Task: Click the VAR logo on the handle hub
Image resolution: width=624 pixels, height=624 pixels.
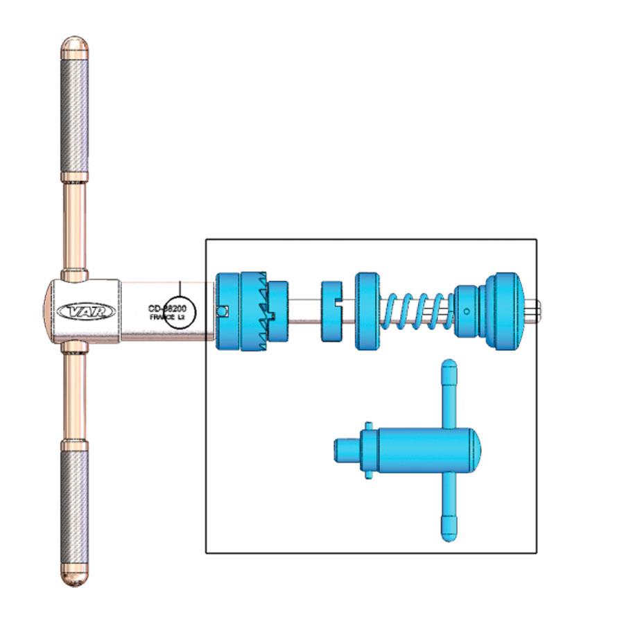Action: (87, 312)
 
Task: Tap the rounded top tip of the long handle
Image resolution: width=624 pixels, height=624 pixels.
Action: (74, 46)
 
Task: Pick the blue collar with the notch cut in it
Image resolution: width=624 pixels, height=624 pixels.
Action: (333, 311)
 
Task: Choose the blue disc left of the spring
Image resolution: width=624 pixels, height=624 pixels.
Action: (368, 311)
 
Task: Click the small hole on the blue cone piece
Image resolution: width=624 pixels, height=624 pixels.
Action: (466, 311)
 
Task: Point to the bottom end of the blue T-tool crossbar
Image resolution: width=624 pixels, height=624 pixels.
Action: (449, 534)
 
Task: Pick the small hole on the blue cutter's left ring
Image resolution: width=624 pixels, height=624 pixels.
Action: (221, 311)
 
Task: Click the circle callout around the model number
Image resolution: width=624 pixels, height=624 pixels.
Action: (180, 311)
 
